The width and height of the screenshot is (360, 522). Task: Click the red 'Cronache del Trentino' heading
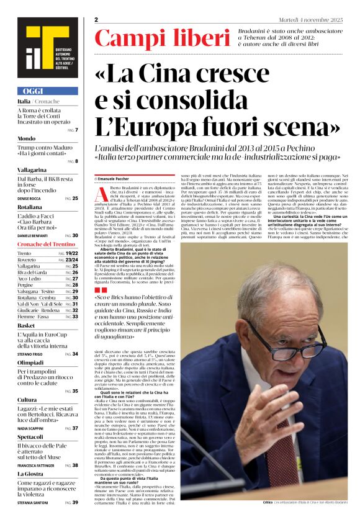47,245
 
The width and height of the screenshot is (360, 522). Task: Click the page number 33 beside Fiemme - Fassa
74,317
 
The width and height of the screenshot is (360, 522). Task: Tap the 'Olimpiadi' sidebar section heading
31,362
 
